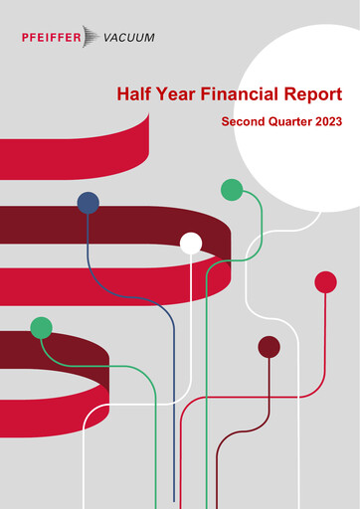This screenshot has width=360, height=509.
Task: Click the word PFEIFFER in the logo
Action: [x=59, y=38]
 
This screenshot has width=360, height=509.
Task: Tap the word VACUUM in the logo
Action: [x=129, y=38]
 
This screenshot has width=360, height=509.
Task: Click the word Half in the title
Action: [x=134, y=94]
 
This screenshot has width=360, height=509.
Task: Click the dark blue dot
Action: [x=89, y=203]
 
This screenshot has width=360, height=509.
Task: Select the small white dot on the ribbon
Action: [x=191, y=243]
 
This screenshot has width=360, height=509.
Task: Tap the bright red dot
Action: [x=325, y=282]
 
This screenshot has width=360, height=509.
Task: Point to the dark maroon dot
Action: [x=269, y=347]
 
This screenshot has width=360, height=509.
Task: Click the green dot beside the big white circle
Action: [x=232, y=189]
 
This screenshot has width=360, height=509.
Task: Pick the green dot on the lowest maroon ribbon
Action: [x=41, y=327]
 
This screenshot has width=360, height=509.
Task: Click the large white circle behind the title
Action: [x=298, y=159]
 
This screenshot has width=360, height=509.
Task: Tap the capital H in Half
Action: [x=122, y=94]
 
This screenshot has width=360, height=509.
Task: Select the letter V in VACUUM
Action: [x=108, y=38]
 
